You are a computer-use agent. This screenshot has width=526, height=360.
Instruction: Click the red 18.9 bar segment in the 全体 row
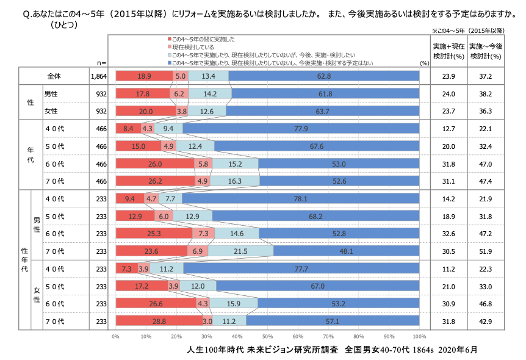(x=144, y=76)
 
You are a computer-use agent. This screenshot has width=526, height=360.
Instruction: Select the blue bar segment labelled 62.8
(x=324, y=76)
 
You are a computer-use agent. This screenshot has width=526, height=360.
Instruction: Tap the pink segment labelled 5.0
(x=181, y=76)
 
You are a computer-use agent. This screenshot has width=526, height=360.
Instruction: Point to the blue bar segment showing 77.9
(x=301, y=129)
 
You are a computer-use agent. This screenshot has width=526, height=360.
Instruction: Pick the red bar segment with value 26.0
(x=154, y=164)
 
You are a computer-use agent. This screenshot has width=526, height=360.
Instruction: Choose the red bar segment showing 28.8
(x=159, y=321)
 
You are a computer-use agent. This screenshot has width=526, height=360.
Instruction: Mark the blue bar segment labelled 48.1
(x=346, y=251)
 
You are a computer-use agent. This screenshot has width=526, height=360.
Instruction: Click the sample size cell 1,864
(x=98, y=76)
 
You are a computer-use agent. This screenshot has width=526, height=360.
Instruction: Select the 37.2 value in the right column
(x=486, y=76)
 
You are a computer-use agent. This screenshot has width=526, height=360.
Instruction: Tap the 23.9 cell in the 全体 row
(x=449, y=76)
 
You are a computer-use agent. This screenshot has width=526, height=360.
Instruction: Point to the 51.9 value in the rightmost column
(x=486, y=251)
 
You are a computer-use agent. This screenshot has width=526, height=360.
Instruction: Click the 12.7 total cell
(x=449, y=129)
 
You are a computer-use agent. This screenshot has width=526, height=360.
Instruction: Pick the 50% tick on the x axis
(x=267, y=336)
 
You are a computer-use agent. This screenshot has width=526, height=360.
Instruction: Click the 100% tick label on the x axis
(x=419, y=336)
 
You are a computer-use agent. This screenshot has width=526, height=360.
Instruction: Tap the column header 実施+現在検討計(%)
(x=449, y=51)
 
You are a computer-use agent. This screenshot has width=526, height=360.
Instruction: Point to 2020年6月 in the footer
(x=456, y=350)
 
